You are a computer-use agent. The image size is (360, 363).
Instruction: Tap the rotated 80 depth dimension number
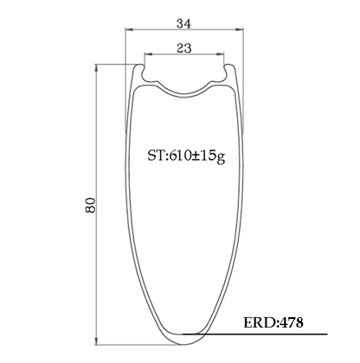pos(90,205)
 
